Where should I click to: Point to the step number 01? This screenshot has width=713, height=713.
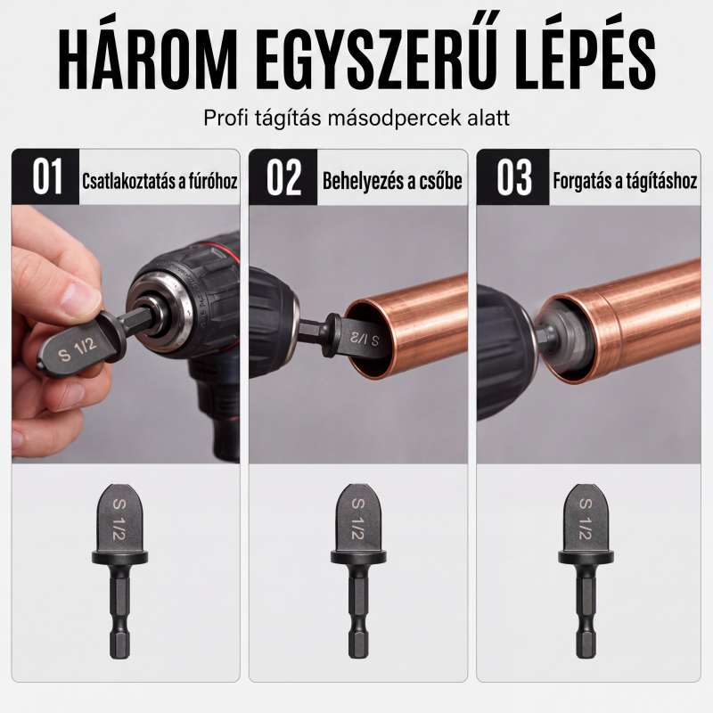tap(46, 176)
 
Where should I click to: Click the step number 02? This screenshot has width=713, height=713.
tap(283, 176)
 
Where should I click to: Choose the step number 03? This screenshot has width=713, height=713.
tap(514, 176)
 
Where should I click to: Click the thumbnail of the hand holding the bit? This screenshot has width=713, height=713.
tap(126, 334)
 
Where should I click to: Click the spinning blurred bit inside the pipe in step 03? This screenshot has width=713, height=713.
tap(561, 331)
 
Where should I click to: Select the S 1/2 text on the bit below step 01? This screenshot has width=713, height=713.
tap(119, 520)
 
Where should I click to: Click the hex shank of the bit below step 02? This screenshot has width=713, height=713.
tap(358, 611)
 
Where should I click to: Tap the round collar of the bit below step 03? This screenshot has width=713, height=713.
tap(586, 557)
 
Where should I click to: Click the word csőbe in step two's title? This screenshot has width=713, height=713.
tap(439, 181)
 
